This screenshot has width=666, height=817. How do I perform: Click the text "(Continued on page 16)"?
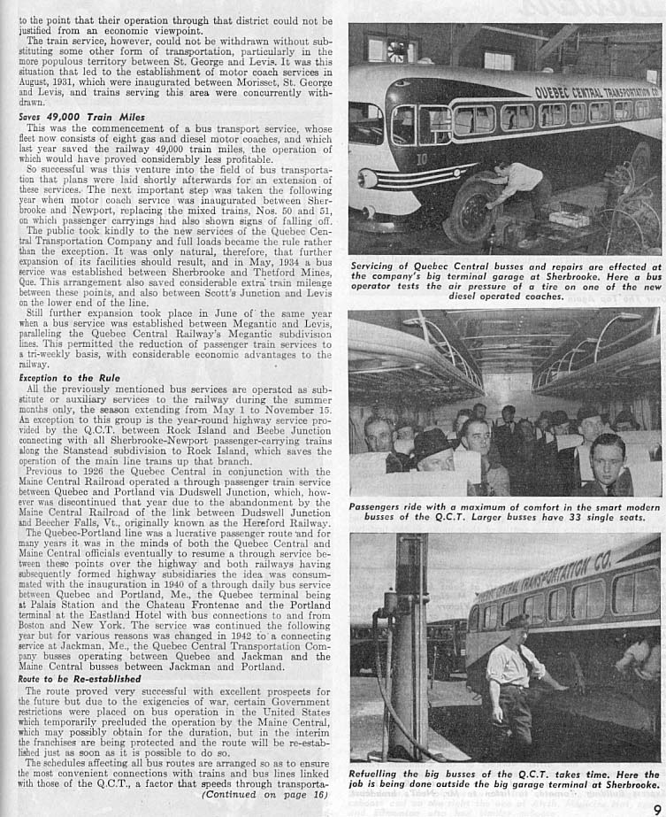coord(264,795)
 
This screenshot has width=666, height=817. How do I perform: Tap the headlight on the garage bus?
coord(368,177)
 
